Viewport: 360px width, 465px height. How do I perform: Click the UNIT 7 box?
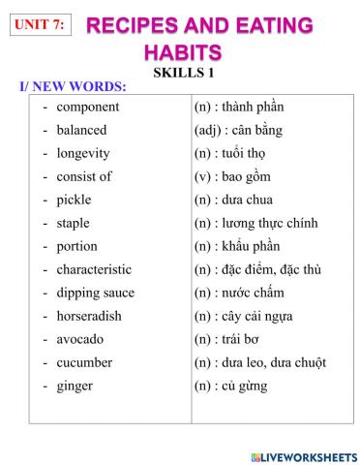point(39,25)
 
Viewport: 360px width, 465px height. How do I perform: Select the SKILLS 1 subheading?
point(183,72)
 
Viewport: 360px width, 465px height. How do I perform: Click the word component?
point(87,107)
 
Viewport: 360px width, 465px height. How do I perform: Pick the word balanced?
point(81,130)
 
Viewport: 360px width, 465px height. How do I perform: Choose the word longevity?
point(82,153)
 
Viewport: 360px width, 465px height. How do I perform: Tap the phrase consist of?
point(83,176)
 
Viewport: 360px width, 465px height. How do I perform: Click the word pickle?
point(75,200)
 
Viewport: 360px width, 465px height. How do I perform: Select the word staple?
point(74,223)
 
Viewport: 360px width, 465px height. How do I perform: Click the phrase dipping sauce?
point(95,293)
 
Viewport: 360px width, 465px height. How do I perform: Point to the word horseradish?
point(88,316)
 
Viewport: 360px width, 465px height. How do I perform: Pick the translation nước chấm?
point(254,293)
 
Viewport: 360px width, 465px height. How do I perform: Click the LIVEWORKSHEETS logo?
point(302,455)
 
